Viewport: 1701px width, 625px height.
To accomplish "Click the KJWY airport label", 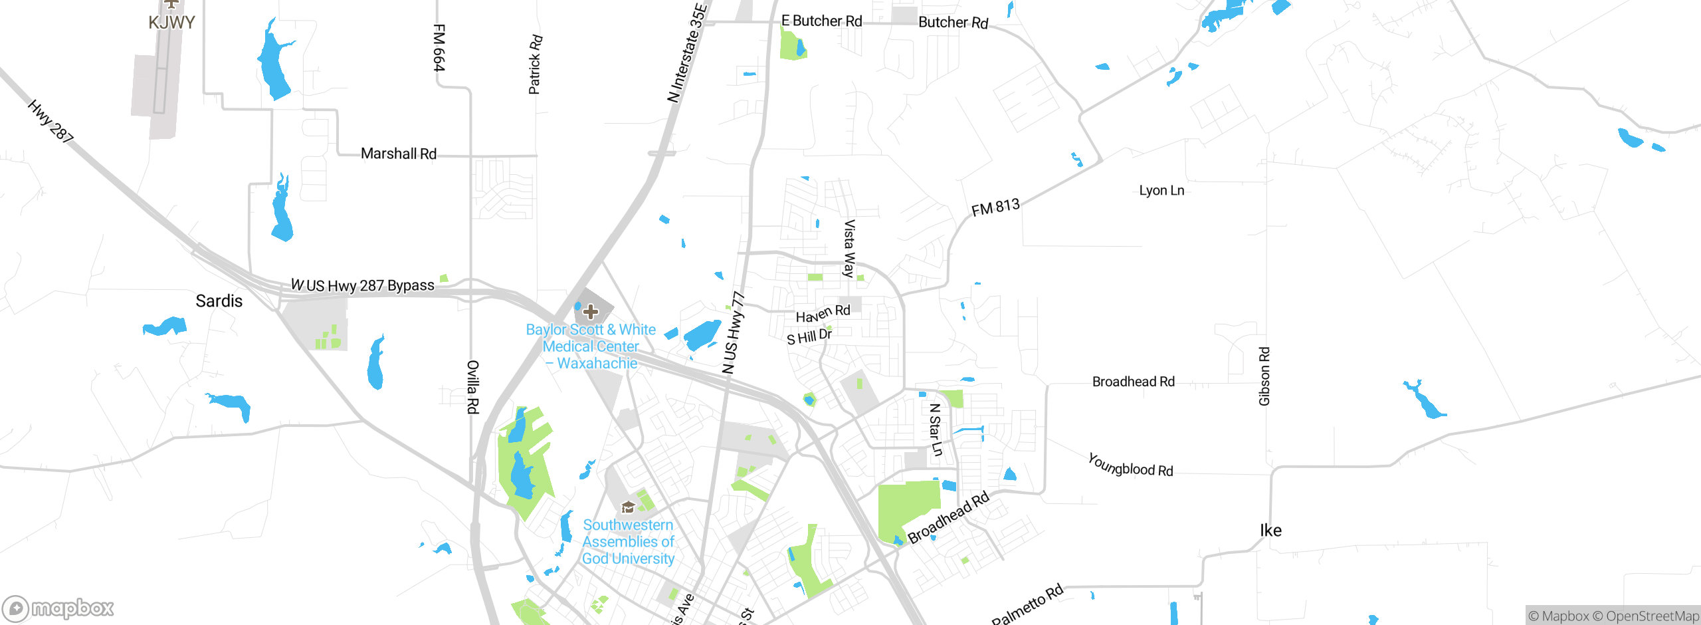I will point(171,22).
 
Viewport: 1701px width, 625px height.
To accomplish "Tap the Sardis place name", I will point(219,301).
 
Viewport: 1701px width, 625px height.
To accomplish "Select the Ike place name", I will point(1270,530).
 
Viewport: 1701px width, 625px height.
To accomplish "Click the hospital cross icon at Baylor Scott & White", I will point(590,311).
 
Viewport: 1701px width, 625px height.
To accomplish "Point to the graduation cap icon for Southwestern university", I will point(628,508).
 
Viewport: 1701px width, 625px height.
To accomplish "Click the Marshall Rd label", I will point(398,154).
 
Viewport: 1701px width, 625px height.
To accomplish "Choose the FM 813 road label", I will point(995,208).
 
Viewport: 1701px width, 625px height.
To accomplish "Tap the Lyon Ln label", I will point(1161,190).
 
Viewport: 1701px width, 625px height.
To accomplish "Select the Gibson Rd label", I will point(1264,376).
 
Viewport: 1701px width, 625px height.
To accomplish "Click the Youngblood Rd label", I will point(1130,465).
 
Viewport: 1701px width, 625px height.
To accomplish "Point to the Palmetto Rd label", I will point(1027,604).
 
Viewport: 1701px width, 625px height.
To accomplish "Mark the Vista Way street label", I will point(849,248).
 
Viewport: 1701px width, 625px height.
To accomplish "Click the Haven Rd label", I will point(823,313).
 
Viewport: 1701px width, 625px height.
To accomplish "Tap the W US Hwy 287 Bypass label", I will point(363,285).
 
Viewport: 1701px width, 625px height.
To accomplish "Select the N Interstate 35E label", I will point(688,53).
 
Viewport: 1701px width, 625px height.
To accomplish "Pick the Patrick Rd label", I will point(535,64).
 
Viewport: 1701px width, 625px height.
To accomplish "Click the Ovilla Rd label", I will point(472,387).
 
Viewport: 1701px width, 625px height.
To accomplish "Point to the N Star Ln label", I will point(936,430).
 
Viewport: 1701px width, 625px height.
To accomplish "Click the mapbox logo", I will point(58,608).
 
